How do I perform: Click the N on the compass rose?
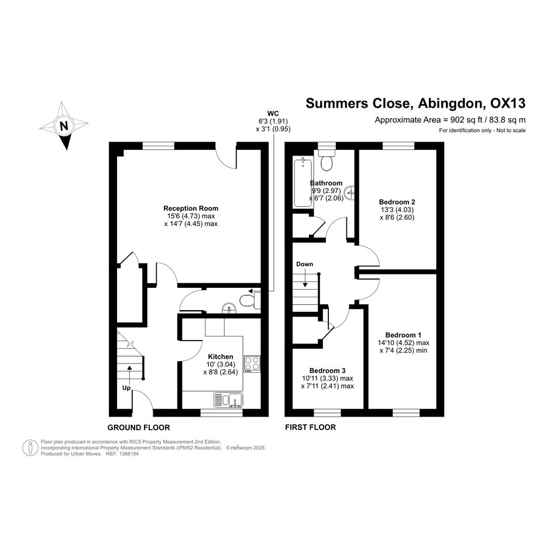[64, 126]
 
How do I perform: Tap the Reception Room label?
[191, 208]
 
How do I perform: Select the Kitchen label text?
[221, 356]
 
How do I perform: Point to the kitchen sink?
[228, 400]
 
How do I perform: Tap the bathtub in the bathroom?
[303, 183]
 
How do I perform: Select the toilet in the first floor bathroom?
[327, 160]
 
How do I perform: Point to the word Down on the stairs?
[304, 264]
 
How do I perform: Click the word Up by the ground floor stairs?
[126, 389]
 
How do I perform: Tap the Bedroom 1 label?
[403, 335]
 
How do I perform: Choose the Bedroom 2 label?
[397, 202]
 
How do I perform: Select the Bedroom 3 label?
[327, 370]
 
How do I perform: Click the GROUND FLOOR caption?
[139, 428]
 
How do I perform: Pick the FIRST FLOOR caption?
[310, 427]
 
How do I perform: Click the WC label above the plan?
[273, 114]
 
